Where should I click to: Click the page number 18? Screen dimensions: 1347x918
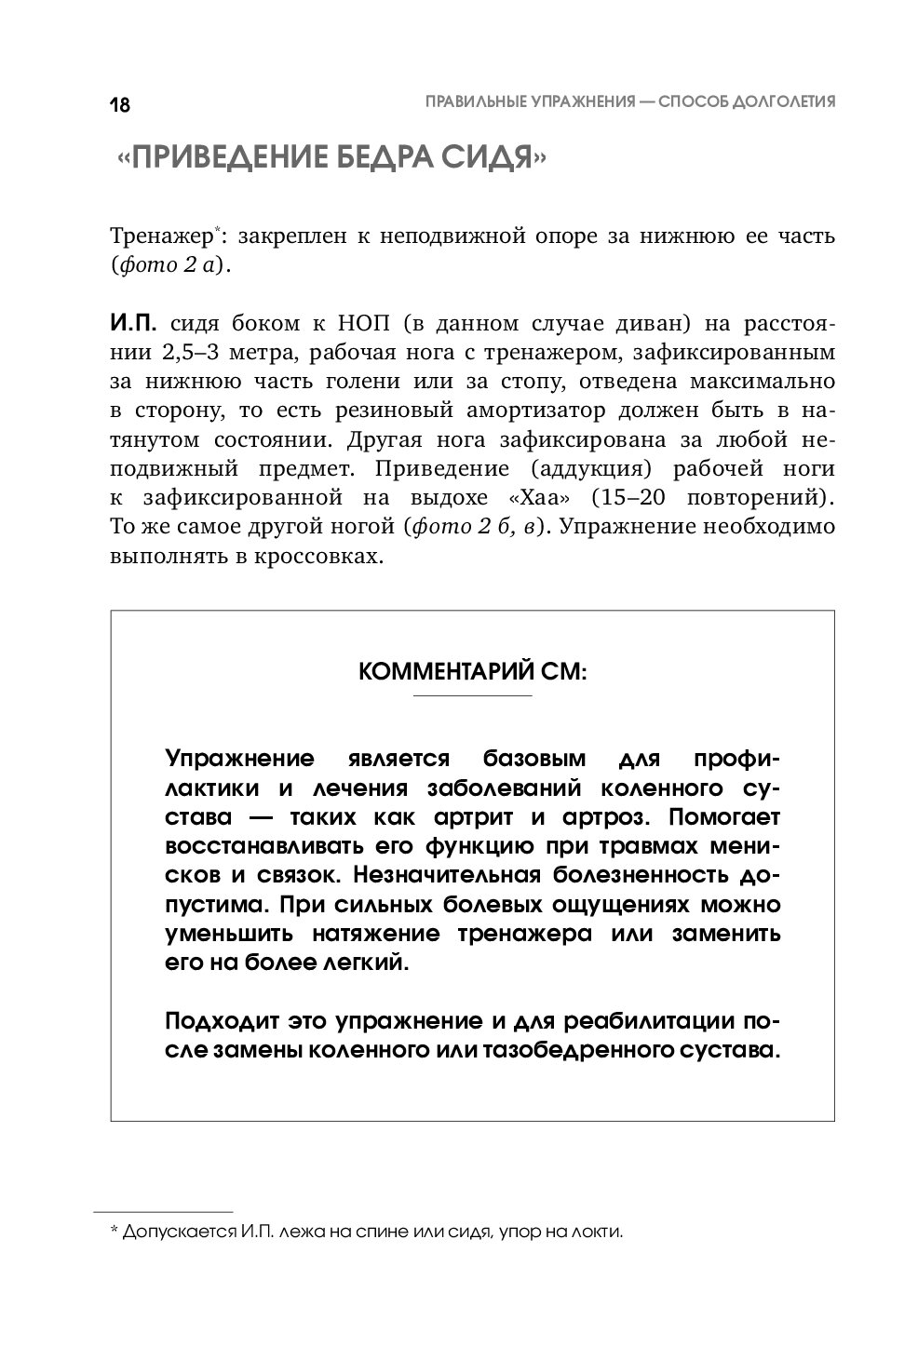click(120, 104)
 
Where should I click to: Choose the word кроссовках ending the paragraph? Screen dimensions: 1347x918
click(323, 556)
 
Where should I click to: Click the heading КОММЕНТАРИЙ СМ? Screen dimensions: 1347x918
click(472, 671)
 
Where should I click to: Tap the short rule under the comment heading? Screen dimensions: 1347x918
click(472, 696)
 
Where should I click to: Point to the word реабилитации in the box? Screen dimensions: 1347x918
click(633, 1021)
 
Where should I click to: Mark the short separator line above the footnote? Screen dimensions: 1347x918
click(163, 1213)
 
